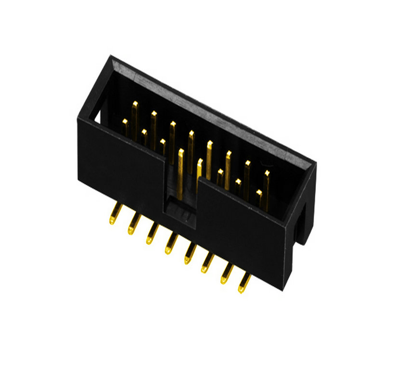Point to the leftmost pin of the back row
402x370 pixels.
pyautogui.click(x=135, y=116)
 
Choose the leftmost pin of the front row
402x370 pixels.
pyautogui.click(x=125, y=127)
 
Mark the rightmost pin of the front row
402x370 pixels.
pyautogui.click(x=259, y=198)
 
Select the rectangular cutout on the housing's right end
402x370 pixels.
pyautogui.click(x=303, y=222)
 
